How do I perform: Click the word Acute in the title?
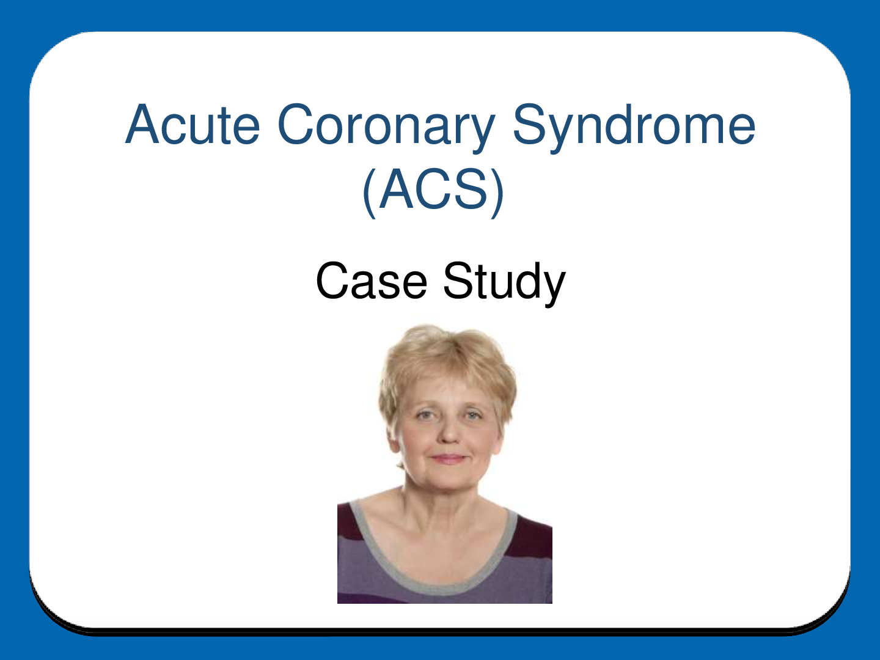(193, 125)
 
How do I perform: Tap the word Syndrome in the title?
(634, 127)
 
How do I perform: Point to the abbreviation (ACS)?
(433, 190)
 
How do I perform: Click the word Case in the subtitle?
(371, 281)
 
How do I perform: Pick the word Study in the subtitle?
(504, 282)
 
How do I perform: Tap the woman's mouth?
(449, 459)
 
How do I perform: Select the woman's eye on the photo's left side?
(425, 416)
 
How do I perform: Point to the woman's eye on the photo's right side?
(472, 416)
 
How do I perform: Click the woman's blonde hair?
(446, 354)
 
